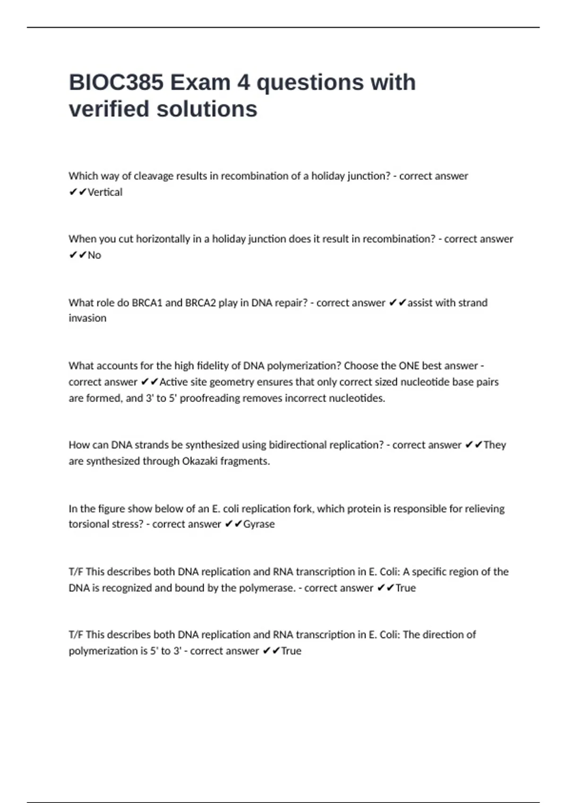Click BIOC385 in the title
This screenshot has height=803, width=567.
pyautogui.click(x=116, y=83)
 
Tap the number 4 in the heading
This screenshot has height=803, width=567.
pyautogui.click(x=243, y=83)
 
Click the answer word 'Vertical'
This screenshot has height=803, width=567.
pyautogui.click(x=105, y=192)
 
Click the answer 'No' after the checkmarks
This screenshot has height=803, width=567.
pyautogui.click(x=94, y=255)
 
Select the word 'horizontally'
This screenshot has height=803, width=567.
pyautogui.click(x=163, y=239)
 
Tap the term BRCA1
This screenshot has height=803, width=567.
pyautogui.click(x=147, y=303)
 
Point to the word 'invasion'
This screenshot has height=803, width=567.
pyautogui.click(x=87, y=318)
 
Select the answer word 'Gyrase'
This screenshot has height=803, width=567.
pyautogui.click(x=259, y=524)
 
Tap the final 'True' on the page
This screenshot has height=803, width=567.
pyautogui.click(x=291, y=651)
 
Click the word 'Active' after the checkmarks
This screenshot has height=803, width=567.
pyautogui.click(x=173, y=382)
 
